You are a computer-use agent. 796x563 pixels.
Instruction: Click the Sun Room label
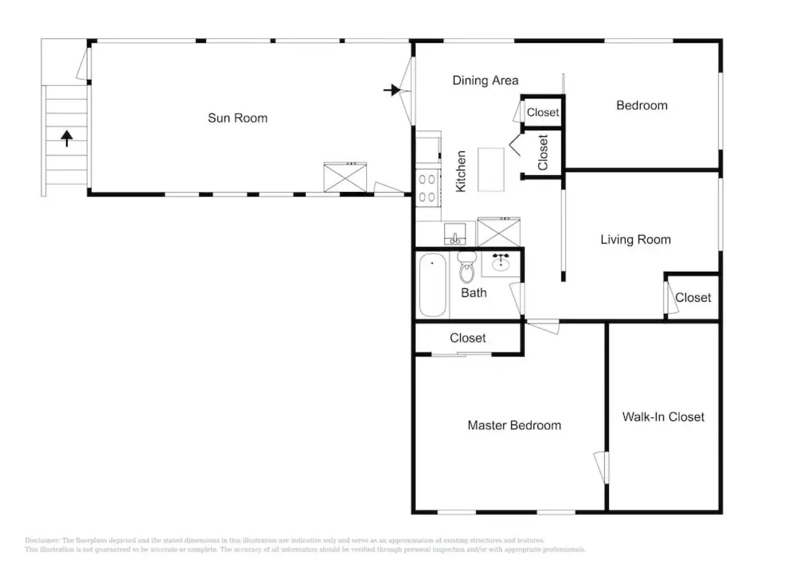(238, 118)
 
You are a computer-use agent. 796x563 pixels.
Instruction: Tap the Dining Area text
(485, 80)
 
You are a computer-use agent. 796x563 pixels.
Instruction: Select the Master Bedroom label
(514, 425)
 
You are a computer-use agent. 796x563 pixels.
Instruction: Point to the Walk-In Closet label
(663, 417)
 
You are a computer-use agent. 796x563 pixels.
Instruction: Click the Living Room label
(636, 240)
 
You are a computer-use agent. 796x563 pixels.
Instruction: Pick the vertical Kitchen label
(461, 172)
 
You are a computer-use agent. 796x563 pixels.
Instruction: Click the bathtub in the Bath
(432, 285)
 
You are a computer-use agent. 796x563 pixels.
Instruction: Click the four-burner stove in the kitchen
(428, 188)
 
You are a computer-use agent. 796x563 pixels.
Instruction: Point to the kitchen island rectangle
(491, 169)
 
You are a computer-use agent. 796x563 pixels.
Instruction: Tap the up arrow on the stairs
(67, 139)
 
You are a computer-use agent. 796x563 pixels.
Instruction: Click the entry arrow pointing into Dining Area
(392, 90)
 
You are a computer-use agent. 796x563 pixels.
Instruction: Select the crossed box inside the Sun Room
(345, 178)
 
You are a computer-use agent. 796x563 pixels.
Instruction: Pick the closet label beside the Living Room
(693, 298)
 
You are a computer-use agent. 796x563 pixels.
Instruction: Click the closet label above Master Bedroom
(468, 338)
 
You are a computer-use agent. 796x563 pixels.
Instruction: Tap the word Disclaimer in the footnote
(42, 541)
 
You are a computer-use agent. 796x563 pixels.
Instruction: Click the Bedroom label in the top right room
(642, 105)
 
